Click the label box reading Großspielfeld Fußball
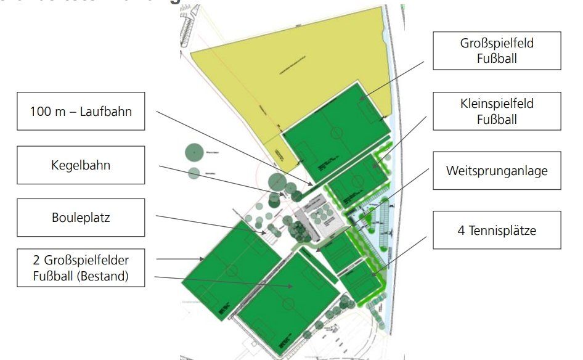click(x=497, y=51)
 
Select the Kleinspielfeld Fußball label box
click(x=497, y=112)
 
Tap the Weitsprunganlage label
click(x=497, y=171)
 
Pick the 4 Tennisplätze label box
click(x=497, y=231)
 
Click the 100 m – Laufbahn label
click(x=81, y=112)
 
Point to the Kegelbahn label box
click(x=81, y=165)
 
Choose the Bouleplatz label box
click(x=81, y=218)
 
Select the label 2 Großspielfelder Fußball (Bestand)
click(x=81, y=267)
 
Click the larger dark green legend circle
click(x=194, y=150)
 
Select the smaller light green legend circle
click(x=194, y=173)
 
